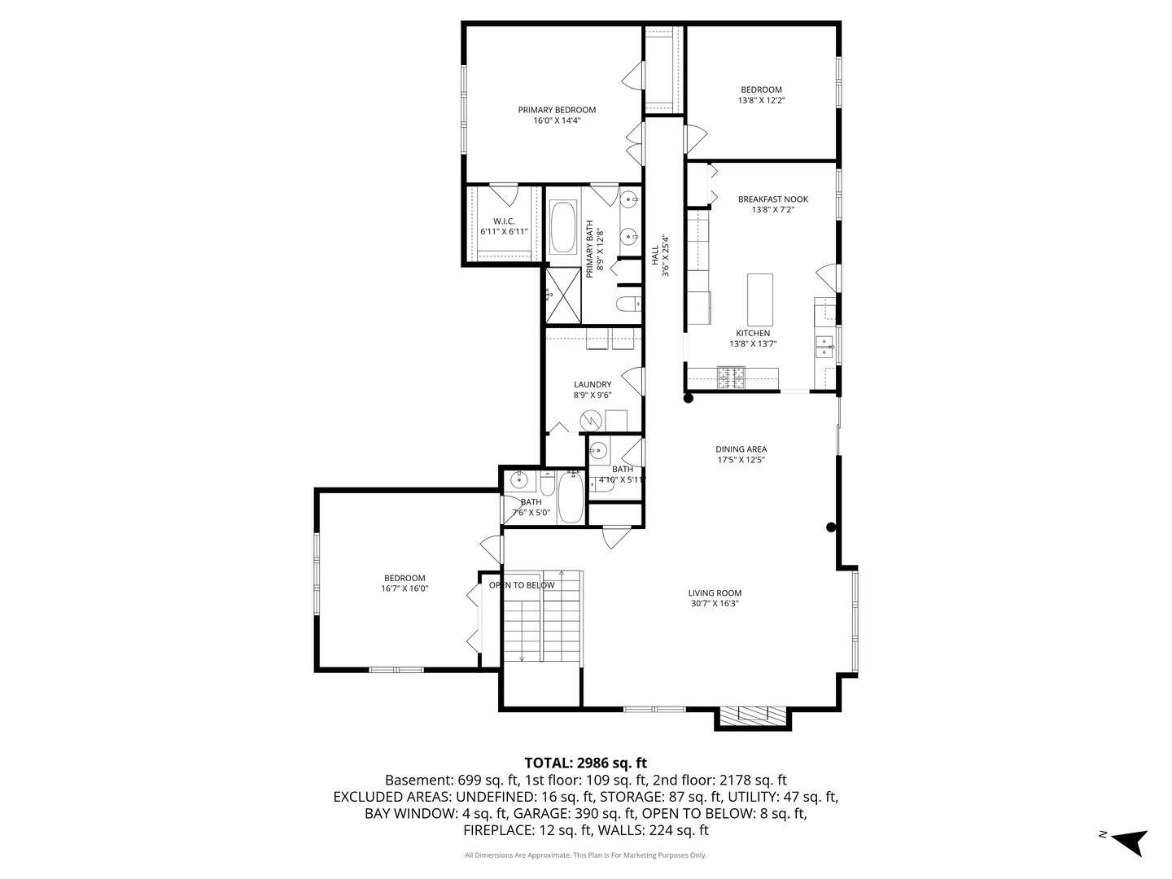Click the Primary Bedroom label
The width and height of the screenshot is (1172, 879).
[557, 110]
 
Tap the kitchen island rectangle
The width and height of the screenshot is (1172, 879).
[760, 299]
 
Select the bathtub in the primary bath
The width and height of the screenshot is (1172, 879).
[562, 228]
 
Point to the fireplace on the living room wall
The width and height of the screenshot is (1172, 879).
[753, 715]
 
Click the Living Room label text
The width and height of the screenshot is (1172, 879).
[715, 593]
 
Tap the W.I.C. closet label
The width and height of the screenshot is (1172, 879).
[504, 221]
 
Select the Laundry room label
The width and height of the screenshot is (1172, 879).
[592, 385]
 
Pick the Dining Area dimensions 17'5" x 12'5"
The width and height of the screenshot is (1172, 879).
[741, 460]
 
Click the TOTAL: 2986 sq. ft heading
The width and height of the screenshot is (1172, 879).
[585, 763]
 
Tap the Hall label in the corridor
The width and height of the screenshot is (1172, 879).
[654, 255]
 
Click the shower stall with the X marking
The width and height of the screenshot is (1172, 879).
[562, 295]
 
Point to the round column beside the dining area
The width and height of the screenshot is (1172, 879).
[831, 527]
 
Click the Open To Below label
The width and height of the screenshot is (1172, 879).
[522, 585]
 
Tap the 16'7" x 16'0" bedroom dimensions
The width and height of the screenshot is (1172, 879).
[405, 588]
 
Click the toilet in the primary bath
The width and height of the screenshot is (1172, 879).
[628, 305]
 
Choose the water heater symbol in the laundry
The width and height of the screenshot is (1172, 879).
[591, 420]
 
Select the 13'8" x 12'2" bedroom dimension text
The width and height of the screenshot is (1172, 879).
[761, 100]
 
